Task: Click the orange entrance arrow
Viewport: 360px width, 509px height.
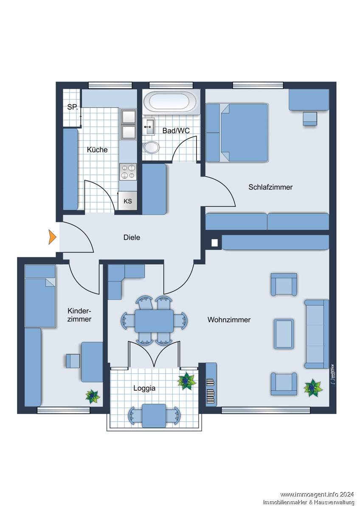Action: (52, 237)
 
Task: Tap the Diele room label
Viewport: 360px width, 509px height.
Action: (132, 238)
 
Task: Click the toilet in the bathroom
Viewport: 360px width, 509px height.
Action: (151, 148)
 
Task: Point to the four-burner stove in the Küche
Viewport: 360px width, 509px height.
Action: (128, 172)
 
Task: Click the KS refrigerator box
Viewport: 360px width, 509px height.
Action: (128, 201)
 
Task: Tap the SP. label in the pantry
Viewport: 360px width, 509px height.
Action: (72, 107)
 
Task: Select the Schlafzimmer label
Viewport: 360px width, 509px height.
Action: (270, 187)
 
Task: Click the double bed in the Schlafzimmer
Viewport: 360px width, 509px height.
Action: (245, 133)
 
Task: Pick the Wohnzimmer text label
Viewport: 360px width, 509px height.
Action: (229, 320)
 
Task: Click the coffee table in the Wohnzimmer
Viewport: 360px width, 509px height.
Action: (284, 334)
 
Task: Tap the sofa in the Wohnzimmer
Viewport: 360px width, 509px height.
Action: (317, 334)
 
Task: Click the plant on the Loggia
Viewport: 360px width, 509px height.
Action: (186, 381)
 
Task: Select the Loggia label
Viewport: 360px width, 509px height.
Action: (144, 388)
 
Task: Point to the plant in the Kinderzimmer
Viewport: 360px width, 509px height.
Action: (93, 396)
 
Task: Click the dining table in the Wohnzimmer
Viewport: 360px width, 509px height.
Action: (154, 321)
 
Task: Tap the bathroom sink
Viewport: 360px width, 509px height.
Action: (149, 126)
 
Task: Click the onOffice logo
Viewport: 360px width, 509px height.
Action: (333, 374)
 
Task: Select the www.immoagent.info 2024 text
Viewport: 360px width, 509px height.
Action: (317, 495)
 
